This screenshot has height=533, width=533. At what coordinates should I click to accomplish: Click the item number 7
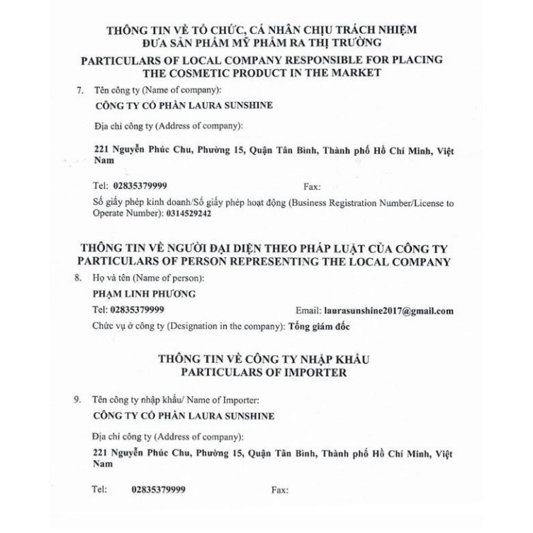click(79, 91)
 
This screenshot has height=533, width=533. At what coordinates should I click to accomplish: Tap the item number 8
click(79, 279)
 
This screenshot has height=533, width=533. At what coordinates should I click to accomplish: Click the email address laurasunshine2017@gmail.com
click(388, 310)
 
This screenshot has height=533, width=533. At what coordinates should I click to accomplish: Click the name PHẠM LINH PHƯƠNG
click(135, 294)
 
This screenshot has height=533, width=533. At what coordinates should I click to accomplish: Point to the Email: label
click(307, 310)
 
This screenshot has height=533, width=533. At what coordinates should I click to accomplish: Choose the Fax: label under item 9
click(281, 490)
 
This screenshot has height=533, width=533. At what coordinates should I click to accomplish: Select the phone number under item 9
click(159, 490)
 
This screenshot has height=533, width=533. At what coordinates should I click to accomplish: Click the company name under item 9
click(184, 416)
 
